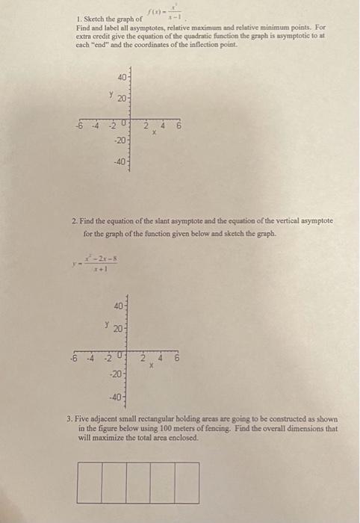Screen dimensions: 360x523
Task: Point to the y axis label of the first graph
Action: pyautogui.click(x=111, y=95)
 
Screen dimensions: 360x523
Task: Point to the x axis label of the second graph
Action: pyautogui.click(x=150, y=367)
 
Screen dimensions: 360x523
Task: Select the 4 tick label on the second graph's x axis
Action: pyautogui.click(x=162, y=359)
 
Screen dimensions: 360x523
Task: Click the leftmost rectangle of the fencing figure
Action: pyautogui.click(x=89, y=483)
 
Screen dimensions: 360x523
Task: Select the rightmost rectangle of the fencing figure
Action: pyautogui.click(x=187, y=483)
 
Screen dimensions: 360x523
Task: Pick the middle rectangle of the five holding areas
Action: pyautogui.click(x=138, y=483)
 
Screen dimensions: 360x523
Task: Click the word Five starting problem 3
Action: pyautogui.click(x=87, y=421)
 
